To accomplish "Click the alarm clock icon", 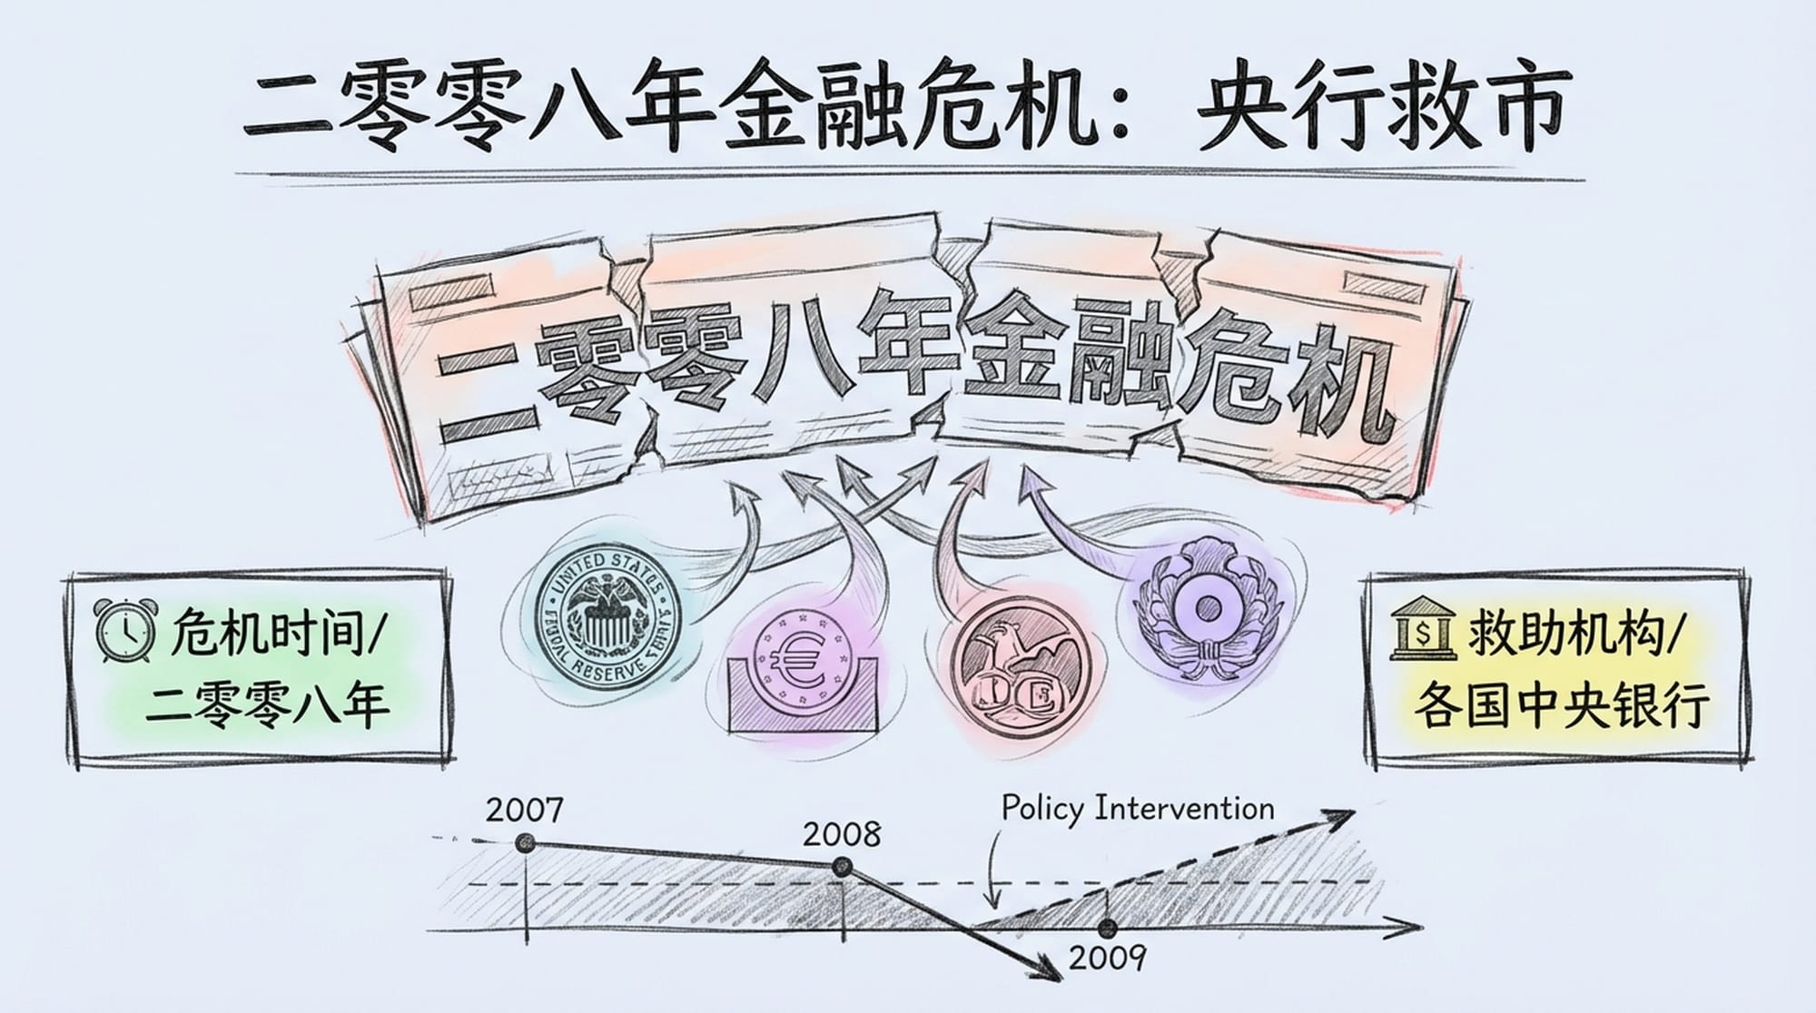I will (x=124, y=632).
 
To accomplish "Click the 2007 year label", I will (x=524, y=809).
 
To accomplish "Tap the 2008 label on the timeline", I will (x=841, y=834).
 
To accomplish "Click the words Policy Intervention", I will (x=1138, y=808).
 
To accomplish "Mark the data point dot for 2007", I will (x=524, y=843).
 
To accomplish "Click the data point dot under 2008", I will (x=843, y=867).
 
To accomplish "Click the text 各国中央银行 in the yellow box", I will (x=1561, y=704).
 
